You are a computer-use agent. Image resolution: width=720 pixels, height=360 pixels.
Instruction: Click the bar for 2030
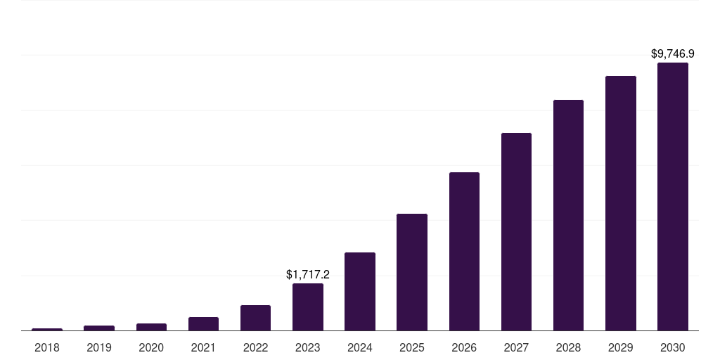click(672, 197)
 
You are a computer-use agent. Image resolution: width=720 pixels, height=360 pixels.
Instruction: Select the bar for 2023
click(308, 307)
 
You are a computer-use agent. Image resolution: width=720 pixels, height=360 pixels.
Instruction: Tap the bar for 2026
click(464, 252)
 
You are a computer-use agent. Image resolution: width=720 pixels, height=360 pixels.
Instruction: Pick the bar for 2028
click(568, 215)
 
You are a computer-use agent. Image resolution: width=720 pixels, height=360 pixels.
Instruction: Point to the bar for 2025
click(412, 272)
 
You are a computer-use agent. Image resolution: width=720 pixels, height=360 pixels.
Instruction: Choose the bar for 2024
click(360, 292)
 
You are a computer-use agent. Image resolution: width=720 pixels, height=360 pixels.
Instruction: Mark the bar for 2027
click(516, 232)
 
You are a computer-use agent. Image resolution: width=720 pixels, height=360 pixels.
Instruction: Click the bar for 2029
click(620, 203)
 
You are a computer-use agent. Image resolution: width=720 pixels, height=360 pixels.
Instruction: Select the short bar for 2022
click(255, 318)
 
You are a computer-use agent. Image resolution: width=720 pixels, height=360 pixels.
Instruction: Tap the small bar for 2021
click(203, 323)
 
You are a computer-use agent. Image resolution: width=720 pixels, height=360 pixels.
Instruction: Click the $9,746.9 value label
click(672, 53)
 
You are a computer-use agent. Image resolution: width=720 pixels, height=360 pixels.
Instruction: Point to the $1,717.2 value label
click(308, 275)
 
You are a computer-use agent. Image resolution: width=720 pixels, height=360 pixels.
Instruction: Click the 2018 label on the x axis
click(47, 347)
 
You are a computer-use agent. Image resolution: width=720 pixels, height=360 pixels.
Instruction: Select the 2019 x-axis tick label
click(99, 347)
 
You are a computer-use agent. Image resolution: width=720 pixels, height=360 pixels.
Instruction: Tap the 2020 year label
click(151, 347)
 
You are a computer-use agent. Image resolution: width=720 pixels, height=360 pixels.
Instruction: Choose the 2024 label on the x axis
click(360, 347)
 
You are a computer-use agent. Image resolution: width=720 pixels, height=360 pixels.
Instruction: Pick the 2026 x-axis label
click(464, 347)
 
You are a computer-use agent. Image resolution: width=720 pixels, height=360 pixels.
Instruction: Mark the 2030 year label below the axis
click(672, 347)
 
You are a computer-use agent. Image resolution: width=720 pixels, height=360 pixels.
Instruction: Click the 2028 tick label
click(568, 347)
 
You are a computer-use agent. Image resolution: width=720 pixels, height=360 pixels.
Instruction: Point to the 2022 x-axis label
click(255, 347)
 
